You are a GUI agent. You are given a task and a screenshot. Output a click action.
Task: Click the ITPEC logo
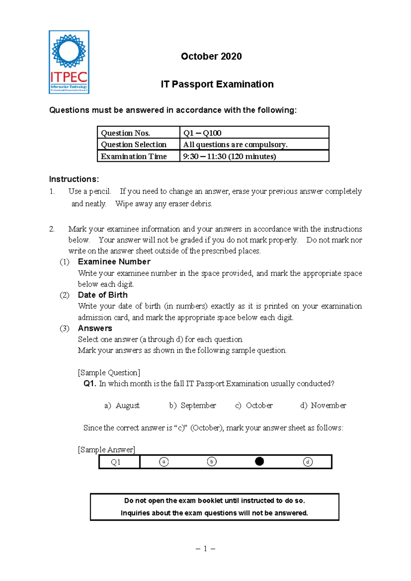click(x=69, y=62)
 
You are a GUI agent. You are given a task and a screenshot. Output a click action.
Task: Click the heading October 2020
click(x=211, y=57)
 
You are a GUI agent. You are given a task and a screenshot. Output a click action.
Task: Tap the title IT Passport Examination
click(x=217, y=84)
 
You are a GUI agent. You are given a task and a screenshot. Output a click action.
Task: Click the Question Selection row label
click(x=134, y=145)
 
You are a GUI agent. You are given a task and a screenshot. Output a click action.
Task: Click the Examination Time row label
click(x=134, y=157)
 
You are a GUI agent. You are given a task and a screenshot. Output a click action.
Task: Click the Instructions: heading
click(x=74, y=179)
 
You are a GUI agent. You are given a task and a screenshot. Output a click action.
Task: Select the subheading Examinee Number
click(x=114, y=262)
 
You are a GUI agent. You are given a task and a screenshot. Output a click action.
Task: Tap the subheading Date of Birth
click(x=103, y=295)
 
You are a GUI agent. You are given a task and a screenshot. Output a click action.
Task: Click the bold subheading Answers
click(x=95, y=328)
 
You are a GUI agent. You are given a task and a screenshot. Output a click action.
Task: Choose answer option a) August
click(x=122, y=406)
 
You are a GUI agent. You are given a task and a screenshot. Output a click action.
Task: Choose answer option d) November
click(x=323, y=406)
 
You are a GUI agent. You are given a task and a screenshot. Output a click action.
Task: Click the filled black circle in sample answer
click(x=260, y=461)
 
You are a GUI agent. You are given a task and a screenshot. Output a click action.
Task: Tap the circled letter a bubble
click(x=164, y=462)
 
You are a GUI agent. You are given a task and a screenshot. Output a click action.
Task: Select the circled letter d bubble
click(x=308, y=462)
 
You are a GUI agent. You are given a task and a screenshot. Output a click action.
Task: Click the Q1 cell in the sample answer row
click(x=116, y=462)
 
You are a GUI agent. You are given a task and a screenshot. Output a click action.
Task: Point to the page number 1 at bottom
click(x=205, y=549)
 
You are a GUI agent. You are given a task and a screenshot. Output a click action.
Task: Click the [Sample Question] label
click(x=109, y=373)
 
